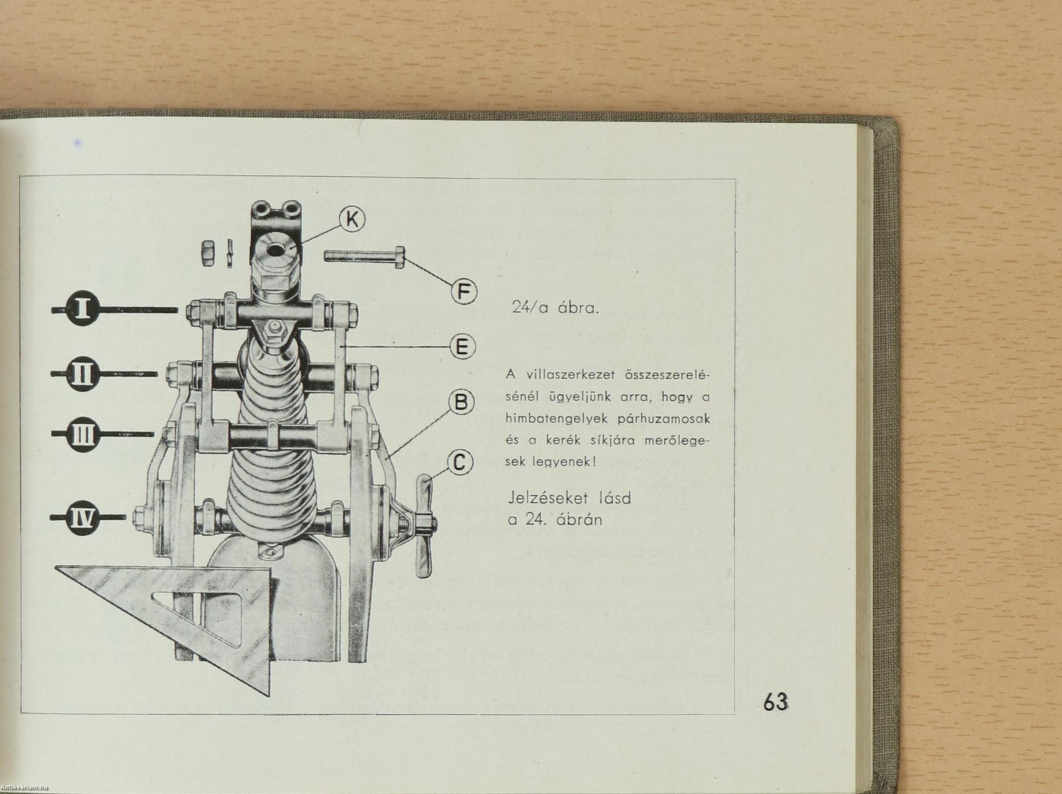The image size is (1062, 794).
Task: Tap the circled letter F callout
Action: (464, 292)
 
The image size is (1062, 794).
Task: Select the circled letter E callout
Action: (463, 347)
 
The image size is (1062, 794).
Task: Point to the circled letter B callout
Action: (461, 403)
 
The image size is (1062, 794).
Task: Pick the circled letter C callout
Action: (460, 463)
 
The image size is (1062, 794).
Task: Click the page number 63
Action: (776, 702)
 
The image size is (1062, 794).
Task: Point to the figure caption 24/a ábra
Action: (555, 308)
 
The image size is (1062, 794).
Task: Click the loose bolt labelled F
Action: (365, 256)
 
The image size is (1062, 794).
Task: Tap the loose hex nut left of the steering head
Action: (207, 254)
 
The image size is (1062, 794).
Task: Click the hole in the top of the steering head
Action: (275, 250)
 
